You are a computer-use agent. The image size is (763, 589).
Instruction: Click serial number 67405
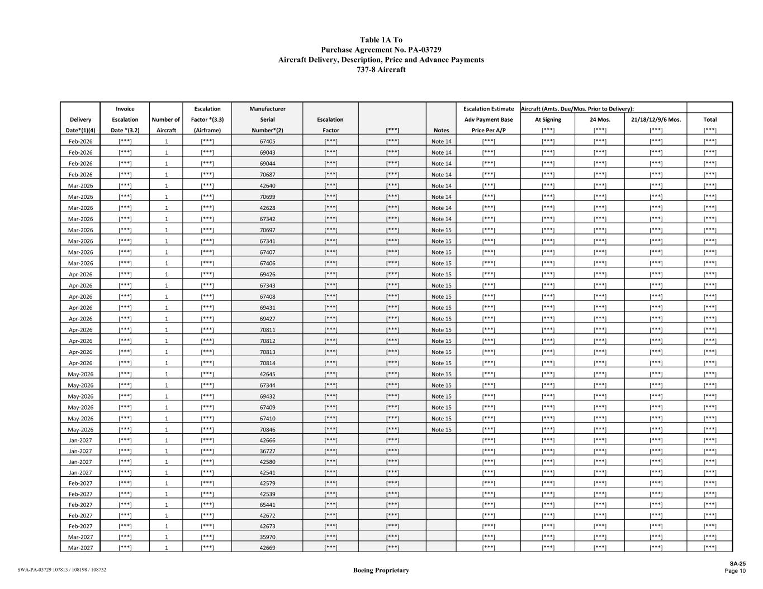click(267, 142)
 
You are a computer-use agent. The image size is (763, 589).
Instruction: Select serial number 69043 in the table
click(267, 152)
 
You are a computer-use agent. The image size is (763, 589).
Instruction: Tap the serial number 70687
click(267, 175)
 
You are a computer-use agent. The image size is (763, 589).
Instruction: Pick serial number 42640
click(267, 186)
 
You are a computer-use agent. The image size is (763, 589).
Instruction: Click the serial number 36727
click(267, 451)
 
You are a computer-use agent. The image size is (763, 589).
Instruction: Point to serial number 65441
click(267, 505)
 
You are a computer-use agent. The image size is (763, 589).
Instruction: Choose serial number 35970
click(267, 537)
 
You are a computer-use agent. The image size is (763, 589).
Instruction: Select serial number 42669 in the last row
click(267, 548)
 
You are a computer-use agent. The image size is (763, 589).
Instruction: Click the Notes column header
click(441, 130)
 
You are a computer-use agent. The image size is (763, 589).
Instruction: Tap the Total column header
click(710, 119)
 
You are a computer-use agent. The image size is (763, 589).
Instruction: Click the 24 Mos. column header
click(600, 119)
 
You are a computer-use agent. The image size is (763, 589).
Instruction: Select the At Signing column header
click(548, 119)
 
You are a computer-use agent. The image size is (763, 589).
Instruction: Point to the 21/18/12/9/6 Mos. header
click(656, 119)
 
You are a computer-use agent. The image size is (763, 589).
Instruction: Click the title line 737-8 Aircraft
click(381, 70)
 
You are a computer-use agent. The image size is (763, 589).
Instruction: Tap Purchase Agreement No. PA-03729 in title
click(381, 50)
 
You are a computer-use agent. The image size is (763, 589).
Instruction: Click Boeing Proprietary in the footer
click(381, 570)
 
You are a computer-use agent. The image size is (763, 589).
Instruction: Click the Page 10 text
click(735, 571)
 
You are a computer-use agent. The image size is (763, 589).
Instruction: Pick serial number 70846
click(267, 430)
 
